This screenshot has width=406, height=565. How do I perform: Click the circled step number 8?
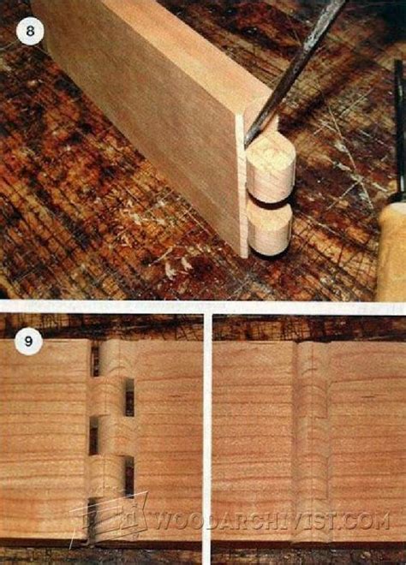[x=30, y=31]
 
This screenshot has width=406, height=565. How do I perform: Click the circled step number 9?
[x=29, y=342]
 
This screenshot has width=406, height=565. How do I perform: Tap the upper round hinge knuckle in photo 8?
[x=272, y=168]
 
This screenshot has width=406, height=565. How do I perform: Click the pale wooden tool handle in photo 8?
[x=392, y=253]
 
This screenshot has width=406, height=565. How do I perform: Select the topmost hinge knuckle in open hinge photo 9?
[x=116, y=359]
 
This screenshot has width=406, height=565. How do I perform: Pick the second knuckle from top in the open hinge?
[x=106, y=396]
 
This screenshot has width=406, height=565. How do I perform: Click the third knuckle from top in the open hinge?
[x=116, y=436]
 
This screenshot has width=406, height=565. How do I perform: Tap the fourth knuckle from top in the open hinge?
[x=106, y=476]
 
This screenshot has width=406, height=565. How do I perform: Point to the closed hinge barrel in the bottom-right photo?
[x=312, y=441]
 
